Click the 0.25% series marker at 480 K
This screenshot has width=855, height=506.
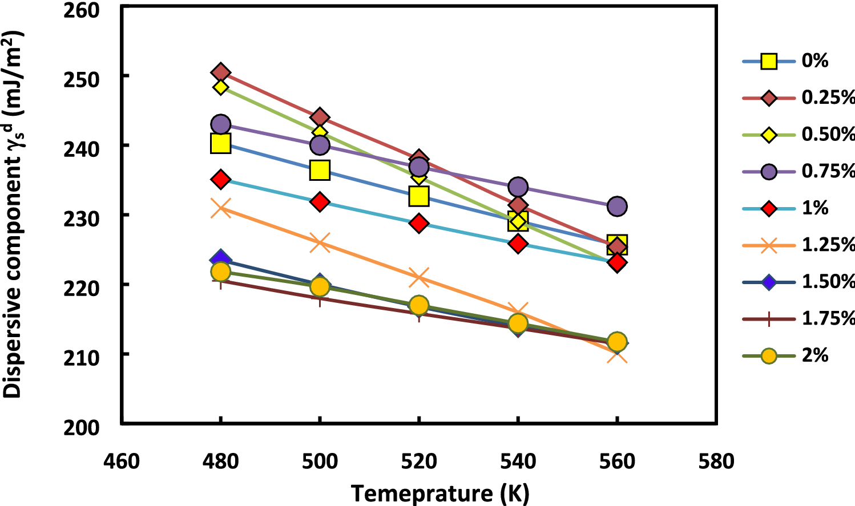click(220, 72)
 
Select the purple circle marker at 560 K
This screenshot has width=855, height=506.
click(617, 206)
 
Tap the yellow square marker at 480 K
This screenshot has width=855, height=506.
click(220, 143)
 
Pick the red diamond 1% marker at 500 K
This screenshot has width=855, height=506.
click(320, 202)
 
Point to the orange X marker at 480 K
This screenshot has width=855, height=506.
click(220, 208)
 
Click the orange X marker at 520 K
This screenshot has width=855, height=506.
click(419, 278)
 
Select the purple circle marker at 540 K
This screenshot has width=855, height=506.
click(518, 187)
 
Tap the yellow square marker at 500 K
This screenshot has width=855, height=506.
click(320, 170)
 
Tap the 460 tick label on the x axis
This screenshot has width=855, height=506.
click(122, 461)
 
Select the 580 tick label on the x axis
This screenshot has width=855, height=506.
click(716, 461)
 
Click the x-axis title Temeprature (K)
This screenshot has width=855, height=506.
click(439, 493)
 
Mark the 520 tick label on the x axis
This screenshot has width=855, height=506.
click(419, 461)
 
